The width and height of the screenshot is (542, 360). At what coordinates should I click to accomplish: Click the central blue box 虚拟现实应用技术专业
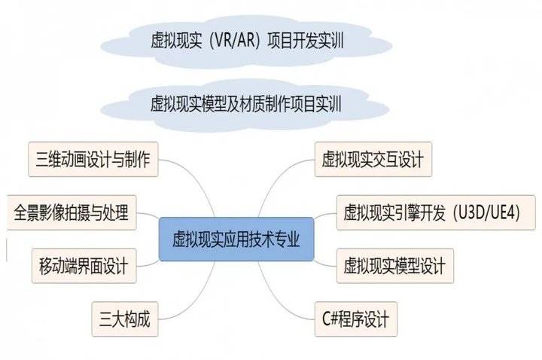point(236,239)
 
